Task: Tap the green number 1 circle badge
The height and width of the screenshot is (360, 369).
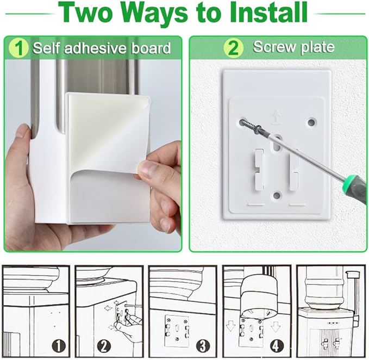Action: coord(18,48)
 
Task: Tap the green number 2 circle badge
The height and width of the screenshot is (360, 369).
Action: coord(233,48)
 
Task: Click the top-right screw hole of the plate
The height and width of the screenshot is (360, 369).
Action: coord(311,122)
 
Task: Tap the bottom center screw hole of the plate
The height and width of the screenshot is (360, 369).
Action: coord(277,195)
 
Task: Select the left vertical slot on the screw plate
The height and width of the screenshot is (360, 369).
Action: coord(258,170)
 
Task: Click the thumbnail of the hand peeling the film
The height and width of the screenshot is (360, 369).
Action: coord(93,156)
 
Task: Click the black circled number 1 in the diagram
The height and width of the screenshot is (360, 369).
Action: coord(59,346)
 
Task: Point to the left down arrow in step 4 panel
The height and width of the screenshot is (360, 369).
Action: coord(230,327)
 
